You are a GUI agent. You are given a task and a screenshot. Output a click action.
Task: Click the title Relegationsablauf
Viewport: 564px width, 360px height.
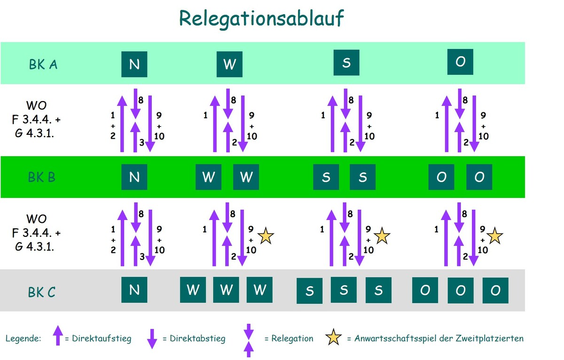click(262, 19)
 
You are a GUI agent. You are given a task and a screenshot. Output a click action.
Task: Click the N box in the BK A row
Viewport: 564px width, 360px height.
click(134, 64)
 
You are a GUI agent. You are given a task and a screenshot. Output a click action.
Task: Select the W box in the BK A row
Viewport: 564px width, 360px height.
click(229, 64)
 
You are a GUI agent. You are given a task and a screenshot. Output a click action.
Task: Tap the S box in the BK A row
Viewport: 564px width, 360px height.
click(346, 63)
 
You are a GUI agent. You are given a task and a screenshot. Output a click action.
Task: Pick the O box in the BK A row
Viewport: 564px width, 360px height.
click(460, 62)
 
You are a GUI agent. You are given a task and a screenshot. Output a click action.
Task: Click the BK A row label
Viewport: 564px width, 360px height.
click(43, 64)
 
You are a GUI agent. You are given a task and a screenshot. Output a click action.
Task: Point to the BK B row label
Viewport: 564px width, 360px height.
click(42, 177)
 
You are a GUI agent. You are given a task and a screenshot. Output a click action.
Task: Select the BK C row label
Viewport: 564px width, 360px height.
click(42, 292)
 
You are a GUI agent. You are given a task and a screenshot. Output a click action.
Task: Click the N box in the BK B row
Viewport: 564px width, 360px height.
click(134, 177)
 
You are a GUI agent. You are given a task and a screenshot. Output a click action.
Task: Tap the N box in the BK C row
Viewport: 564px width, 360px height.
click(134, 290)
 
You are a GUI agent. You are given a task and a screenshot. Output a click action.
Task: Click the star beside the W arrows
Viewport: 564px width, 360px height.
click(266, 236)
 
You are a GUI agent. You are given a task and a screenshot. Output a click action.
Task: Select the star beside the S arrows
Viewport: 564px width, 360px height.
click(382, 236)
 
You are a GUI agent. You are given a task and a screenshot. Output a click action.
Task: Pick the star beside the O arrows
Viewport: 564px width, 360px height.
click(495, 236)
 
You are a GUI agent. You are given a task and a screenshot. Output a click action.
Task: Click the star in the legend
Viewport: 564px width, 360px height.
click(333, 337)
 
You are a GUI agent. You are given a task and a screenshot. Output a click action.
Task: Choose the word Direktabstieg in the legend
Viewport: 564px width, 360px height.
click(197, 338)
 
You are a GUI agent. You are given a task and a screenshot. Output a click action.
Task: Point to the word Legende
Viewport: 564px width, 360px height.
click(23, 338)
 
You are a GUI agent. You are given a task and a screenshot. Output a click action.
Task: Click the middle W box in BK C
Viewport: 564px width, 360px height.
click(226, 290)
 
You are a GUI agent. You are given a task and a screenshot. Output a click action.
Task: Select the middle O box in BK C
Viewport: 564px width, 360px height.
click(460, 290)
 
